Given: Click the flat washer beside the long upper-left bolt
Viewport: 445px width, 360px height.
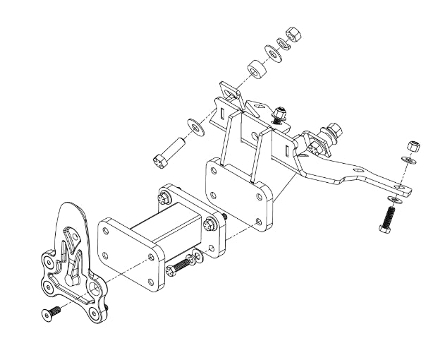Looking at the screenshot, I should coord(194,126).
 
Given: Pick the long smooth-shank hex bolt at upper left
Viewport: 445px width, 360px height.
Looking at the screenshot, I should coord(169,152).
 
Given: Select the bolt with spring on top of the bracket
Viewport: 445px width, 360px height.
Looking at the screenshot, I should coord(279,114).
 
